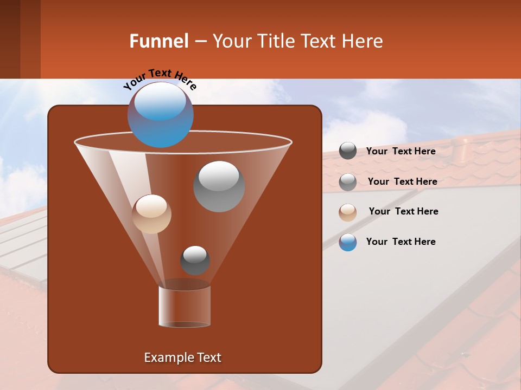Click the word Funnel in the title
coord(158,41)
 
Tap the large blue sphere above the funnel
coord(161,114)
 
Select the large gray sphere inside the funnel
coord(219,186)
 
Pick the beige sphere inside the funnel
coord(151,214)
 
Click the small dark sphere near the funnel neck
coord(195,260)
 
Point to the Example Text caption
coord(182,357)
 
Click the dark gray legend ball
coord(348,151)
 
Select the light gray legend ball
coord(348,181)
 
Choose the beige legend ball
coord(348,212)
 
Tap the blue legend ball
coord(348,242)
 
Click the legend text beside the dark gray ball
coord(401,151)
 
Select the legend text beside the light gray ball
coord(402,181)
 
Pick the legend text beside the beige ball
coord(403,211)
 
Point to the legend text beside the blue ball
coord(401,242)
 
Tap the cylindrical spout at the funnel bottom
coord(185,307)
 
